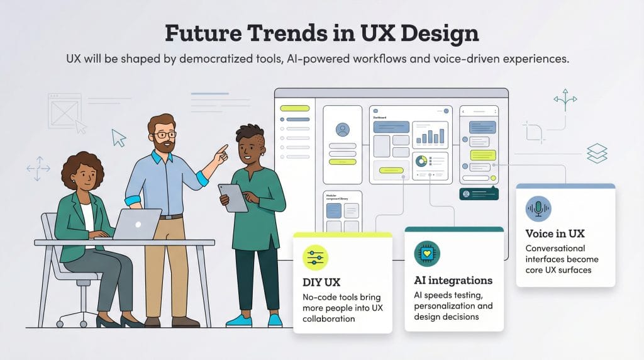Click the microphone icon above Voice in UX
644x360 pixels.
[538, 208]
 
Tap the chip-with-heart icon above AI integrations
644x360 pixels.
[427, 254]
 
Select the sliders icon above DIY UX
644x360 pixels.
[315, 257]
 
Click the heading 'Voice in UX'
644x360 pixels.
[555, 233]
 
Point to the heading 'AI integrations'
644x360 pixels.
[453, 280]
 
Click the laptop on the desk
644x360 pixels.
[136, 224]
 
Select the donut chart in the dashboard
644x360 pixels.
[420, 161]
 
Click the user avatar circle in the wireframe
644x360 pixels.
[342, 130]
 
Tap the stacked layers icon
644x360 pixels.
[596, 153]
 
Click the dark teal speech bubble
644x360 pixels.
[478, 194]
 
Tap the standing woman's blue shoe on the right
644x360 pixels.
[275, 320]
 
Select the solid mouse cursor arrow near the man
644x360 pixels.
[118, 137]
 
